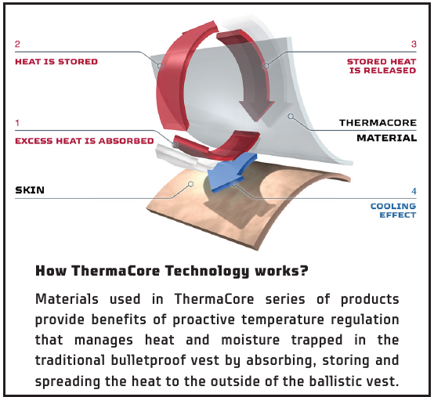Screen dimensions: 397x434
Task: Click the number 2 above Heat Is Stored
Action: (x=17, y=45)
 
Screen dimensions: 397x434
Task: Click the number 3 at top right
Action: (x=414, y=45)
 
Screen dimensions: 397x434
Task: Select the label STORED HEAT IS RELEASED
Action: (x=382, y=66)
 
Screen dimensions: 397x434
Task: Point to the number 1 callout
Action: (x=17, y=124)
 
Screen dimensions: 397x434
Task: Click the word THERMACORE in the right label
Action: (x=378, y=123)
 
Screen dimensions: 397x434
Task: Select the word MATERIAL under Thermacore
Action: (x=388, y=138)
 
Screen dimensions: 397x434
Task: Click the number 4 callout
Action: (x=414, y=190)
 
